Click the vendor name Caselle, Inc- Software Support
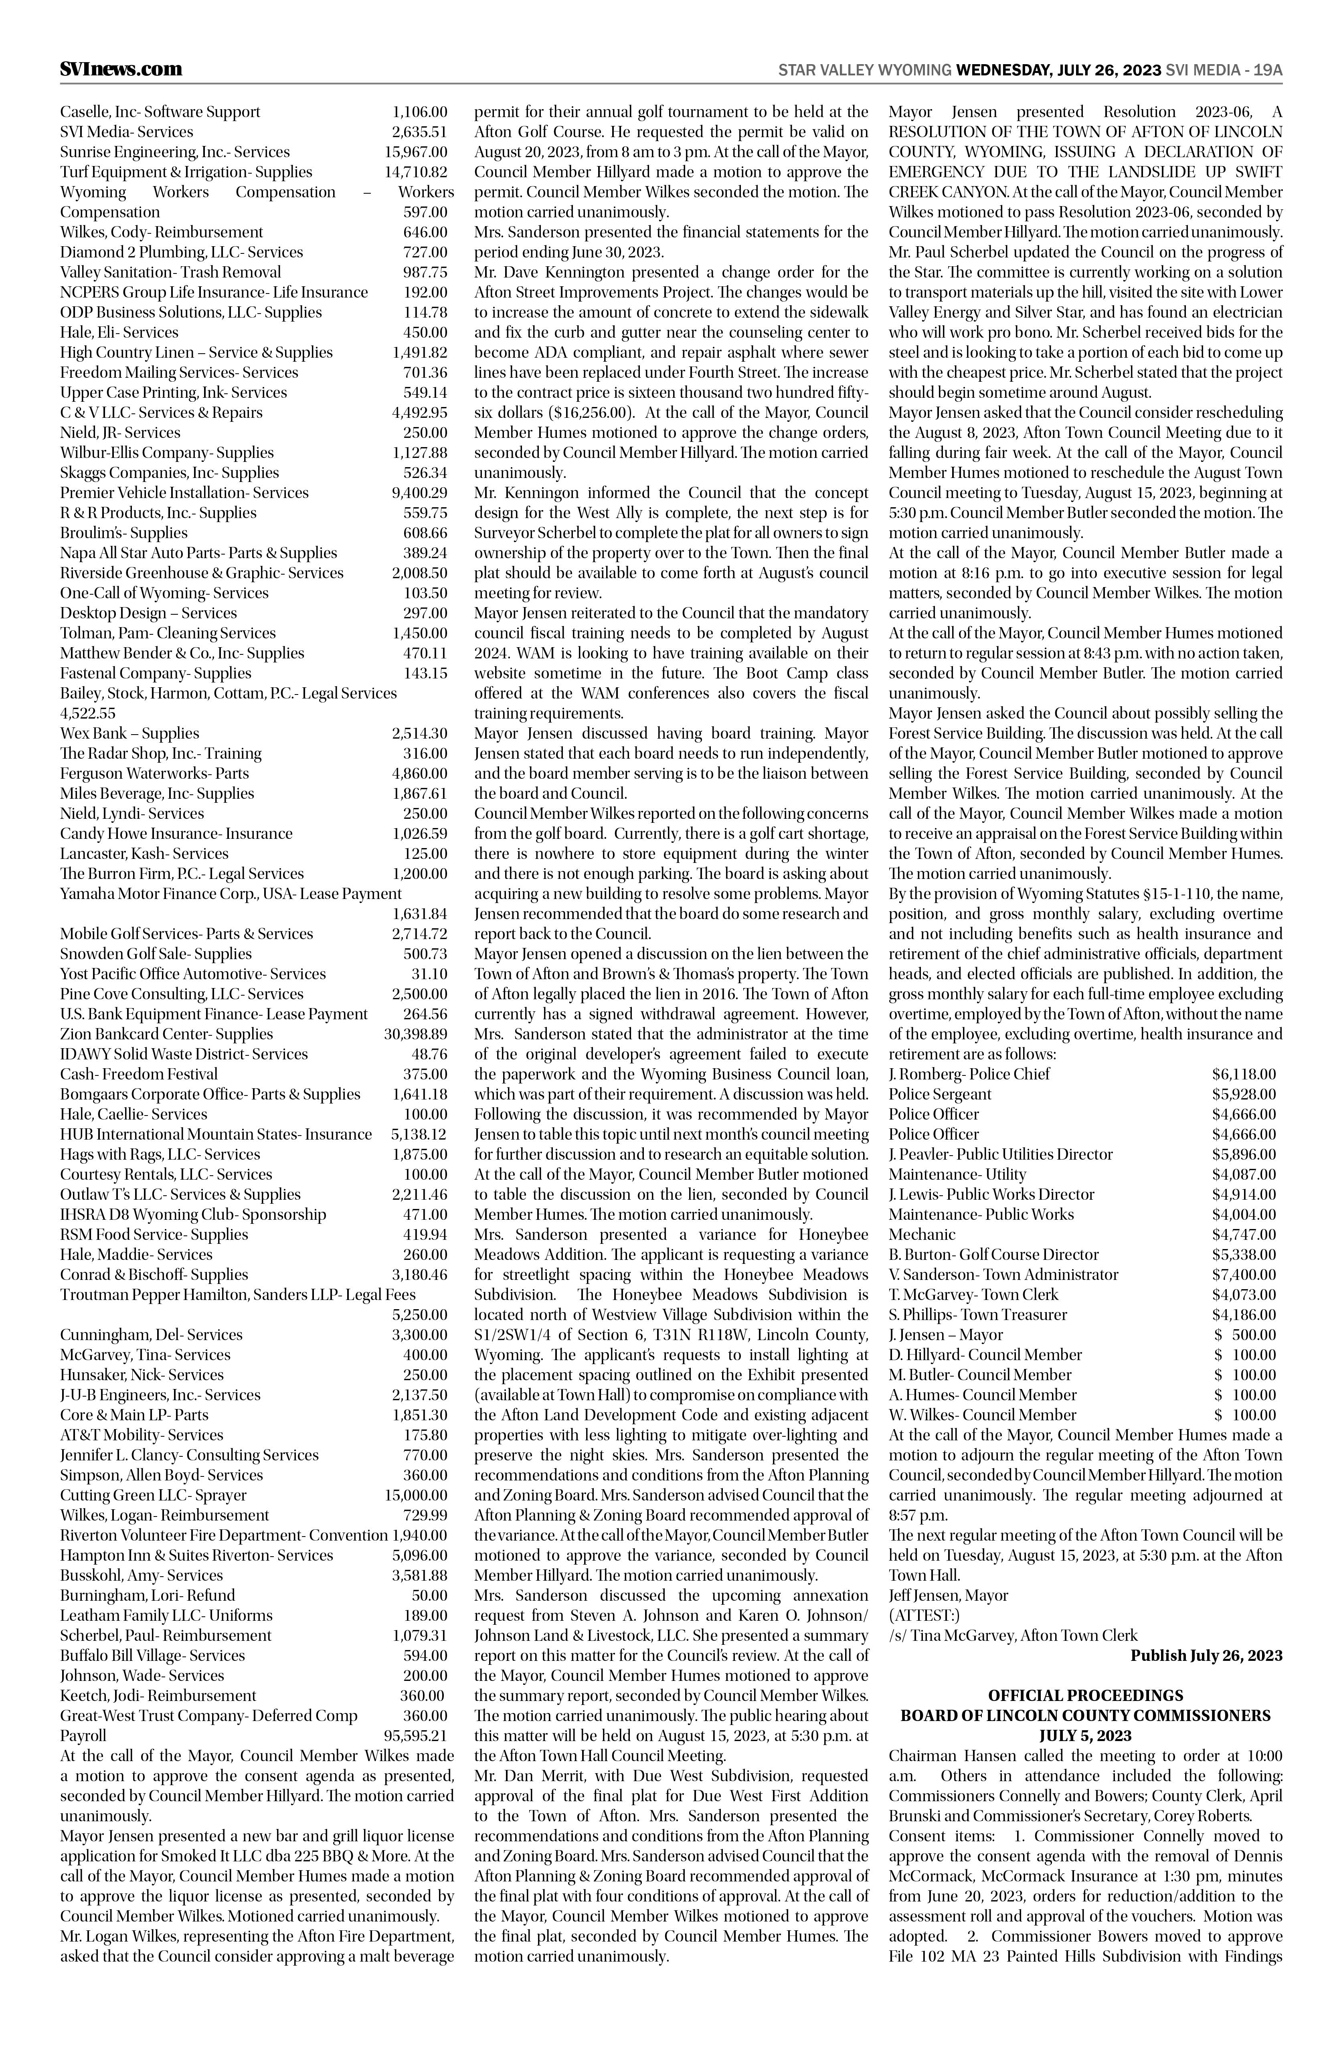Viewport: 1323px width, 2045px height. click(x=160, y=112)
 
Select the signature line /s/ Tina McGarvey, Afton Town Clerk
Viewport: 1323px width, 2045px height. click(x=1013, y=1635)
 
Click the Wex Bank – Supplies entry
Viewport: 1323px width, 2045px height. click(x=130, y=733)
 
